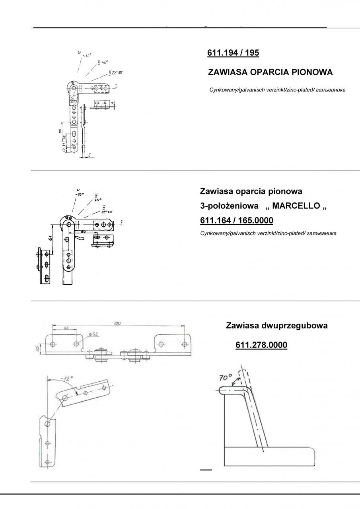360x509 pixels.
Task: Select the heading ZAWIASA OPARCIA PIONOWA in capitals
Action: tap(270, 72)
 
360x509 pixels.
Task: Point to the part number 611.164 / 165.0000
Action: tap(236, 220)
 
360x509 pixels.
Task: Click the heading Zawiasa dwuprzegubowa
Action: tap(277, 325)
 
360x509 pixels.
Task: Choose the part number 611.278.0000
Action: tap(261, 345)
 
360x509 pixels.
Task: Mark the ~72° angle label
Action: tap(66, 379)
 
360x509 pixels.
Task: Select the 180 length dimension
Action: tap(117, 324)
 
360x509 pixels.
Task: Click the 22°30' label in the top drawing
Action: tap(116, 73)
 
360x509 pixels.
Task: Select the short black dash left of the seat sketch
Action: tap(206, 470)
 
